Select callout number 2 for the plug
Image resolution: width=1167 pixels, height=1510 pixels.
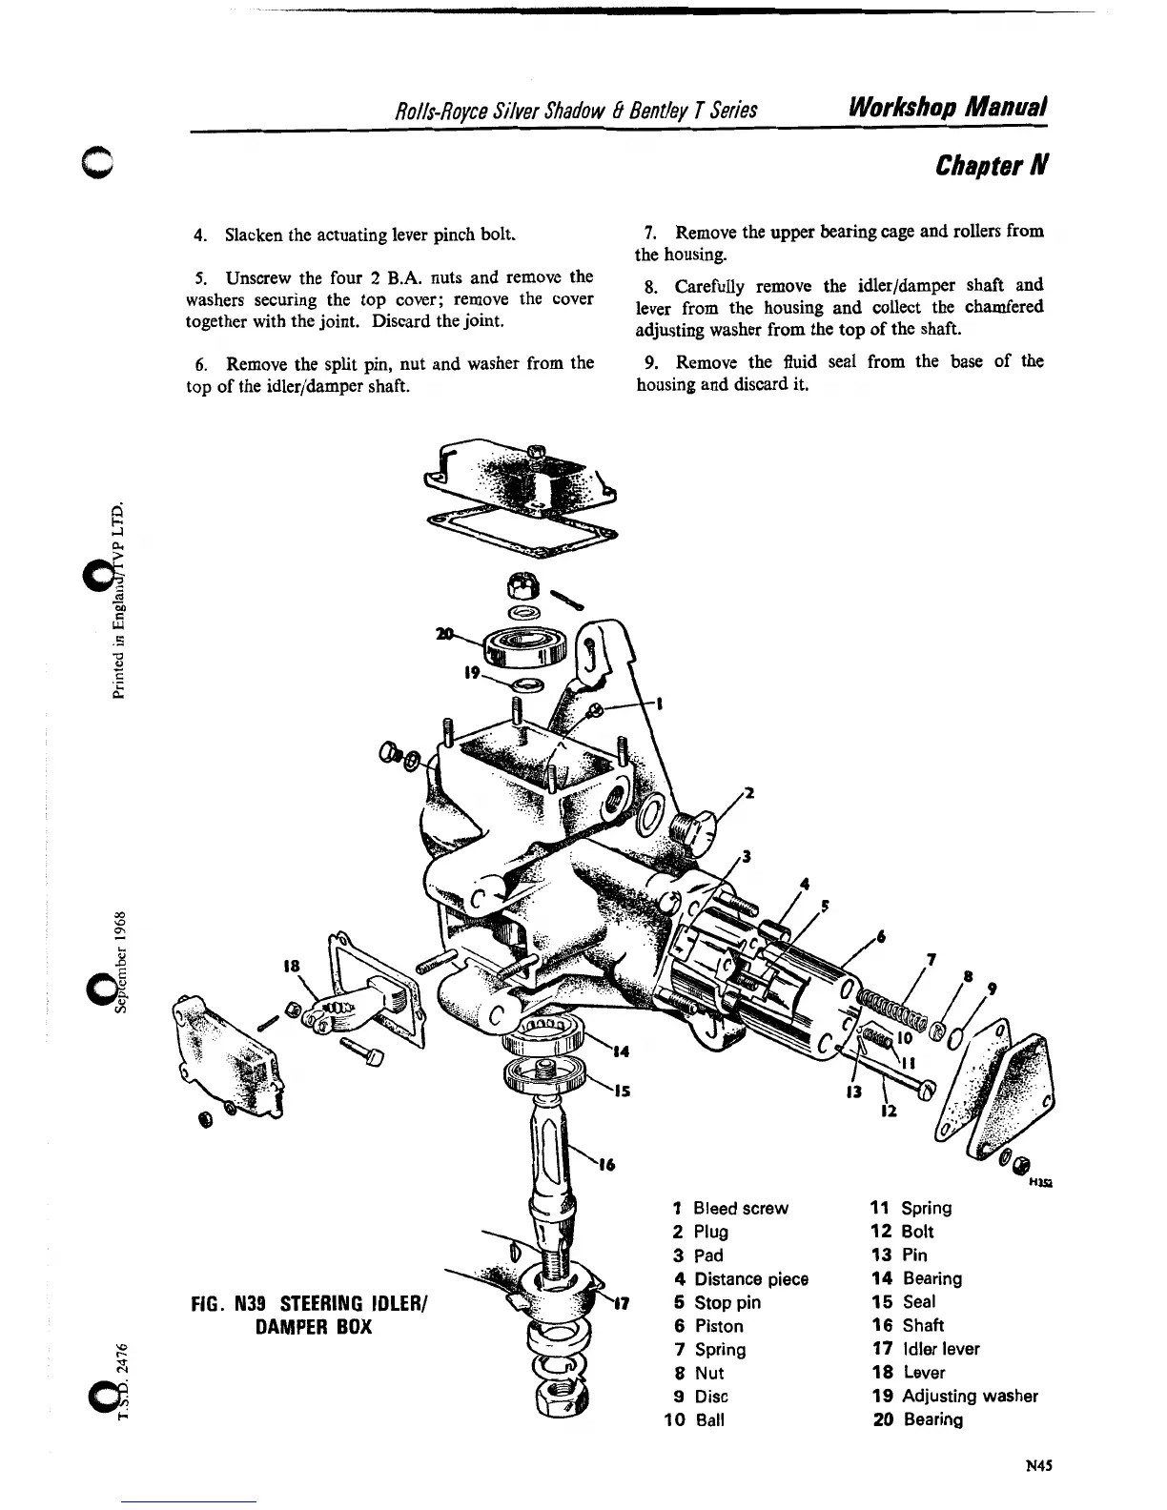[x=749, y=793]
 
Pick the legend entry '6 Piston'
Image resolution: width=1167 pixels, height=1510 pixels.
[x=708, y=1326]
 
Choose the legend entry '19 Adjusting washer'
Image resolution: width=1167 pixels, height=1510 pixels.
[x=955, y=1397]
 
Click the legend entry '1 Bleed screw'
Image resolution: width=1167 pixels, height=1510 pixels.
[x=730, y=1209]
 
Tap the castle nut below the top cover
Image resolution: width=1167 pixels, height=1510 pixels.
[x=526, y=581]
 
